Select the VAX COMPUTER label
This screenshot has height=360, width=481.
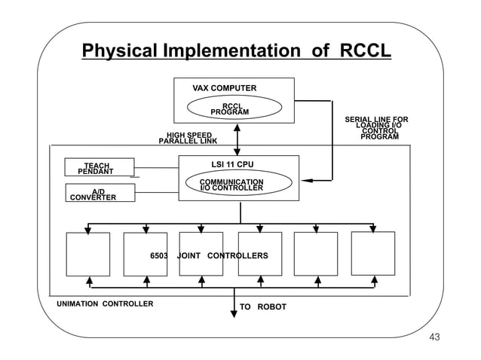click(224, 88)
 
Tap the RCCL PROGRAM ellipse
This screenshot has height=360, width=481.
click(229, 108)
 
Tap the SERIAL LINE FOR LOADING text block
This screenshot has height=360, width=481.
click(376, 128)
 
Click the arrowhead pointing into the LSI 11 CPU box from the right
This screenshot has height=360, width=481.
click(305, 181)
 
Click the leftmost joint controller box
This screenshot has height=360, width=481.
click(88, 254)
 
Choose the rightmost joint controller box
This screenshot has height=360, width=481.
click(372, 253)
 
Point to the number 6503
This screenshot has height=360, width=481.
click(159, 256)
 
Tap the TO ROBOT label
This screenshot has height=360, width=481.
click(262, 307)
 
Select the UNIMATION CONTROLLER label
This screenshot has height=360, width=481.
click(105, 304)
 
